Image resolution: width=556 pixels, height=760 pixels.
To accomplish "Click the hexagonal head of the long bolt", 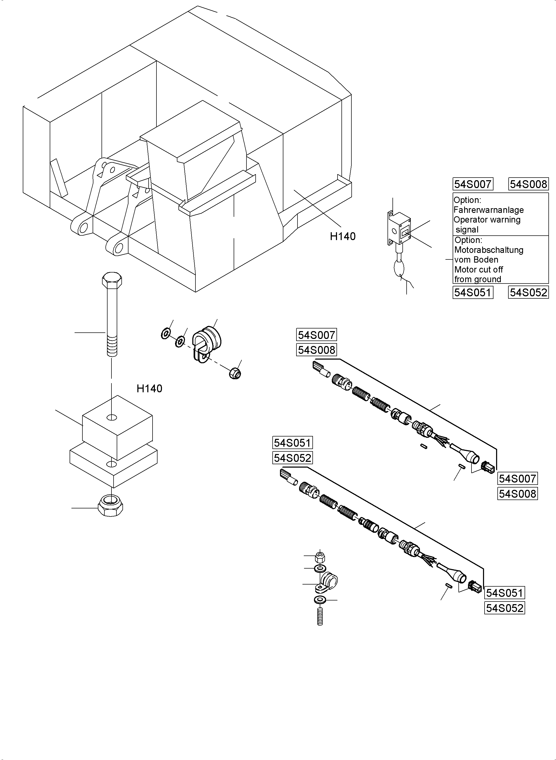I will coord(112,281).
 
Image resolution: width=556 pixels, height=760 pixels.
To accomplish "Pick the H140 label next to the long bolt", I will coord(149,389).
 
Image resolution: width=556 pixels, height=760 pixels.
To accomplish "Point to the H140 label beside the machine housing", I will coord(342,236).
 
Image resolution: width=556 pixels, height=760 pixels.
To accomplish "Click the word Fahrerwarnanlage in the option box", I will coord(488,210).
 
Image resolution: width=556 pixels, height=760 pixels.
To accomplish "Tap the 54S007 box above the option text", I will coord(473,184).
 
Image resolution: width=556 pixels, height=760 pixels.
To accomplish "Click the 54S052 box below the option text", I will coord(528,292).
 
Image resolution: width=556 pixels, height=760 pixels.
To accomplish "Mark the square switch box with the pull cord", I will coord(400,228).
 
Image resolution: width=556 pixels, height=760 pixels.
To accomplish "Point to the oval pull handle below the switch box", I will coord(400,269).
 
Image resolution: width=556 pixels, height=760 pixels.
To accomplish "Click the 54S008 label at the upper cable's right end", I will coord(517,494).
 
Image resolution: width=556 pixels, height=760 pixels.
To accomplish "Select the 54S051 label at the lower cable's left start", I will coord(292,443).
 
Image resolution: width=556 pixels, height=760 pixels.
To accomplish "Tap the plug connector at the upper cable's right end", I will coord(488,467).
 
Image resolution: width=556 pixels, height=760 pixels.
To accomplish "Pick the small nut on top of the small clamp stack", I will coord(320,558).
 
